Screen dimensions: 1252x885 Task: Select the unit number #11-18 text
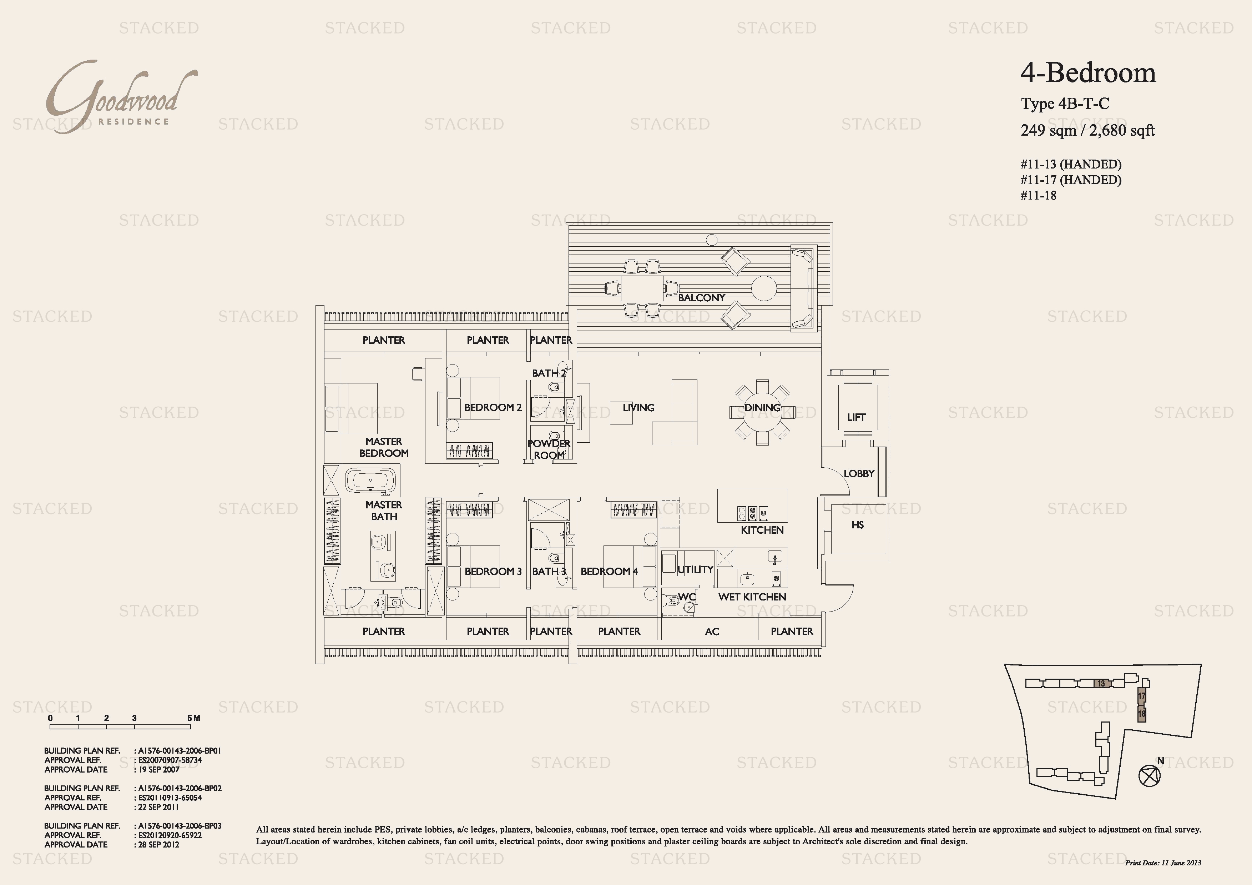(x=1038, y=195)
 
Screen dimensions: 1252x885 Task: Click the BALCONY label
(x=701, y=298)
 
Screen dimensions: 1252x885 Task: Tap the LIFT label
(x=856, y=417)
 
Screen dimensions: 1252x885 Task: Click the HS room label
(x=858, y=524)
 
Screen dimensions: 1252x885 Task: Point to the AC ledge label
(x=712, y=632)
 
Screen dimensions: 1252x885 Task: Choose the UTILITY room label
(x=695, y=569)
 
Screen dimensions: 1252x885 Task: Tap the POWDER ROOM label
(x=549, y=449)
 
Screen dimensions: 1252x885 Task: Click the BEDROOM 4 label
(x=609, y=572)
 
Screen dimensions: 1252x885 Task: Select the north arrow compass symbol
(x=1150, y=775)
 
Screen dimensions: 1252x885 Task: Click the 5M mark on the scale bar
(x=193, y=718)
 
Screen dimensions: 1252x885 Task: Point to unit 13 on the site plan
(x=1101, y=683)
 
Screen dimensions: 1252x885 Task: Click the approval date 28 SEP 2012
(x=158, y=845)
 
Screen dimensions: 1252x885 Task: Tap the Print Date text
(x=1163, y=863)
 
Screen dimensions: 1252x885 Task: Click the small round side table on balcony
(x=711, y=240)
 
